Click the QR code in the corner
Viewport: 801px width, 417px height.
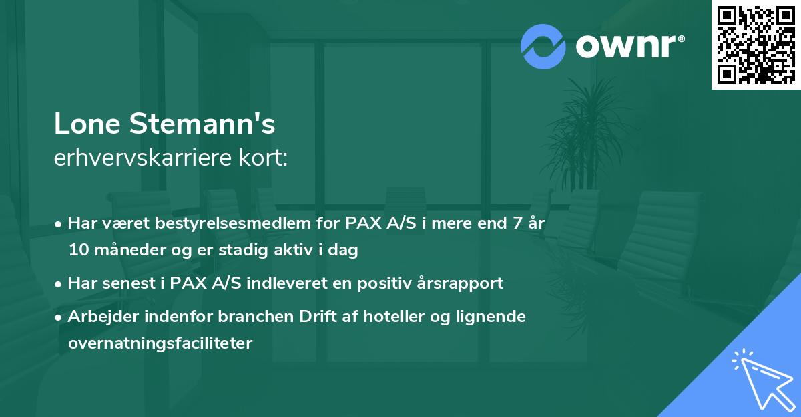pyautogui.click(x=756, y=44)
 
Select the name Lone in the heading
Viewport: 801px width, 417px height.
pyautogui.click(x=87, y=124)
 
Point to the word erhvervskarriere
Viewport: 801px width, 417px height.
pyautogui.click(x=140, y=158)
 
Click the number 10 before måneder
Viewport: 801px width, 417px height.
pyautogui.click(x=77, y=250)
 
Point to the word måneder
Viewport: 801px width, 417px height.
pyautogui.click(x=119, y=250)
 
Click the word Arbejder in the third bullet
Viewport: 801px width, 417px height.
pyautogui.click(x=99, y=316)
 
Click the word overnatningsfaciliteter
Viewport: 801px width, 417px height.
pyautogui.click(x=160, y=343)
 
